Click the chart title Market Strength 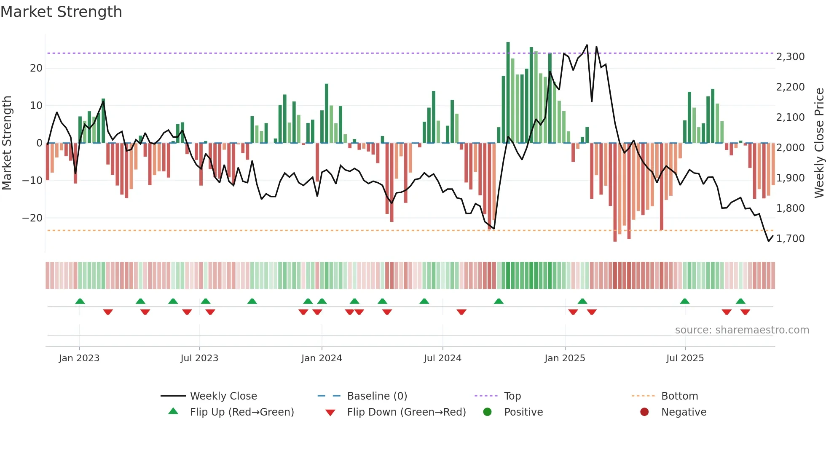coord(61,12)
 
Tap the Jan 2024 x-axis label coord(322,358)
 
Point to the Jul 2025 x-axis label coord(685,358)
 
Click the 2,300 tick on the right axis coord(790,57)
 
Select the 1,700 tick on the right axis coord(790,239)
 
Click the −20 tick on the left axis coord(32,218)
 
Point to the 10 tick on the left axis coord(36,106)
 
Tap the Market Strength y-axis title coord(7,143)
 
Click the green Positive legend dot coord(488,412)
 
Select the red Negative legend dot coord(644,412)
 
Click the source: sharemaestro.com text coord(742,330)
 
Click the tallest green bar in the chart coord(508,93)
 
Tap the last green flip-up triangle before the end coord(740,301)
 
